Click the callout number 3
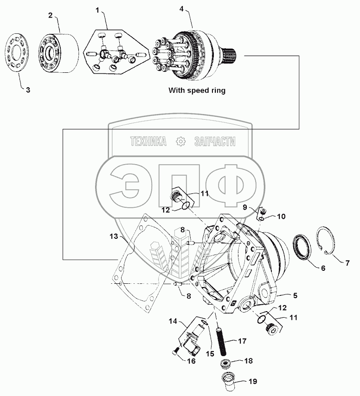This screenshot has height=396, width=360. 28,90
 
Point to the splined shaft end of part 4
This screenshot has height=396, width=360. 232,57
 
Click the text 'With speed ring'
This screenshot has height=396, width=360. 197,90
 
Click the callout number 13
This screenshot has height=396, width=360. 114,236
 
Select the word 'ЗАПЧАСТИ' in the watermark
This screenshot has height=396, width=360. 214,142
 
